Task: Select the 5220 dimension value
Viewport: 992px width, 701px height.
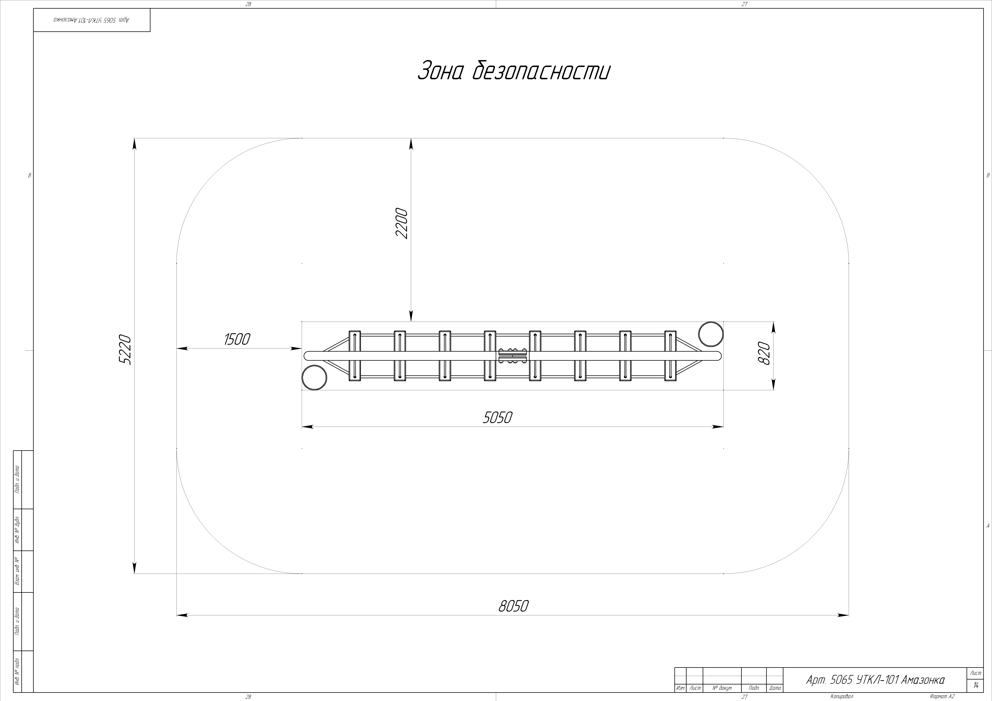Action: pyautogui.click(x=125, y=349)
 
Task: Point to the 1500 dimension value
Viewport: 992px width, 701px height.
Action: pyautogui.click(x=237, y=339)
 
